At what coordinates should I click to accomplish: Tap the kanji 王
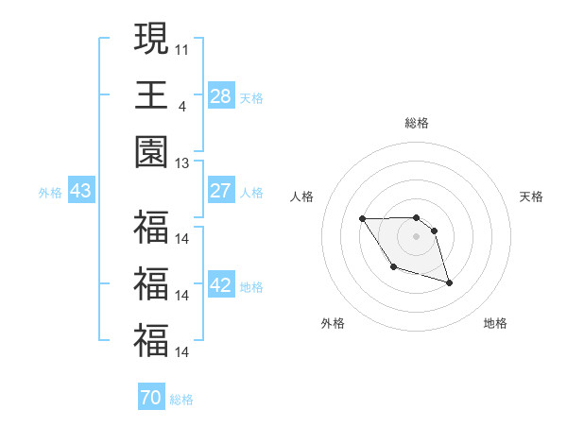151,95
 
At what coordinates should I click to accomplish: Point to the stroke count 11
181,47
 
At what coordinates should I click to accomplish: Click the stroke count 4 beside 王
181,106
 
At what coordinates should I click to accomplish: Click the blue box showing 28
221,95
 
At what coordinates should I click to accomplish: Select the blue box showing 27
221,191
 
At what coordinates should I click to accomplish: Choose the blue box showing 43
80,191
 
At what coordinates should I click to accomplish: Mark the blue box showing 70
150,398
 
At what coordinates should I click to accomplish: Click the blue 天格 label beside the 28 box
251,97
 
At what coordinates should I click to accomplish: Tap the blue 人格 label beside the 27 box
251,193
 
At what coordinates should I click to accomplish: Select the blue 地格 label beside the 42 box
251,287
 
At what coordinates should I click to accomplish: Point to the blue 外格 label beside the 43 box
50,193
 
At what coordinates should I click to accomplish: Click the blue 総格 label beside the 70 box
181,400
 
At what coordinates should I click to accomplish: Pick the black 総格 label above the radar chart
417,123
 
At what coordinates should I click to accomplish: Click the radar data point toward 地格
449,282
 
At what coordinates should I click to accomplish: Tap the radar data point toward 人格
362,219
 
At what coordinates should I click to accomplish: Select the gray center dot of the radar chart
417,234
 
